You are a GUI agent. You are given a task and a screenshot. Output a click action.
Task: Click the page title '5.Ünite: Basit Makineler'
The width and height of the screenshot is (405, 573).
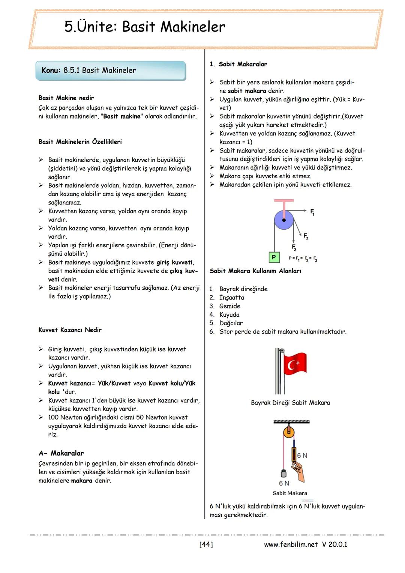tap(145, 27)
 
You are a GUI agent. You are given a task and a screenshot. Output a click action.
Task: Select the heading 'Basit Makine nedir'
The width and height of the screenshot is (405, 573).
tap(66, 98)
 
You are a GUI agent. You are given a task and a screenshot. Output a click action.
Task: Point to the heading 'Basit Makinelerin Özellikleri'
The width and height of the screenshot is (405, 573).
tap(80, 142)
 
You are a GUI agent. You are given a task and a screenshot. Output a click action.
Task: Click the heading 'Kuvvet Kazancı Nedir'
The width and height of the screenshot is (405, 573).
tap(70, 330)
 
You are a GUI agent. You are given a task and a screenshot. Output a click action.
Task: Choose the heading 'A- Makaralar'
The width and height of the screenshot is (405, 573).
tap(61, 453)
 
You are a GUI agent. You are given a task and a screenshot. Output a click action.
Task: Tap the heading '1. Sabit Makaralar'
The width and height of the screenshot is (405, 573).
tap(238, 64)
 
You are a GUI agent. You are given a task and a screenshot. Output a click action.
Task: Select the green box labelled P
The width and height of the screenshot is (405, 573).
tap(274, 257)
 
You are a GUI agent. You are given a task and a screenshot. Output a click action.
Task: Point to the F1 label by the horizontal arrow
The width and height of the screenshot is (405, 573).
tap(312, 212)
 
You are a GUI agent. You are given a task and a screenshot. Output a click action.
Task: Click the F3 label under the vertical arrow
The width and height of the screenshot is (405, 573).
tap(294, 247)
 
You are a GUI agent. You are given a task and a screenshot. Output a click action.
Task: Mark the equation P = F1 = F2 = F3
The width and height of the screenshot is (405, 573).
tap(303, 259)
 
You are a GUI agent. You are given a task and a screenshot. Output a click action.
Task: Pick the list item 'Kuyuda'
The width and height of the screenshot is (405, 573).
tap(229, 314)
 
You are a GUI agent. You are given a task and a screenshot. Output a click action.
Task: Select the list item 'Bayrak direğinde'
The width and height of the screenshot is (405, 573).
tap(243, 289)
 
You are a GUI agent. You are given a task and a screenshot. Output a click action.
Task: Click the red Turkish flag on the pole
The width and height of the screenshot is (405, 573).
tap(295, 364)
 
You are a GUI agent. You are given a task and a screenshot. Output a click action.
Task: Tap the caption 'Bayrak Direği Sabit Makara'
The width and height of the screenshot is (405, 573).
tap(290, 403)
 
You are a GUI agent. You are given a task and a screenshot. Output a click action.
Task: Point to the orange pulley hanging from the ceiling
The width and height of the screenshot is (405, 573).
tap(288, 432)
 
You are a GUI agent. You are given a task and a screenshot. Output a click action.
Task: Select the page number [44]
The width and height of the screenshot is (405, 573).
tap(206, 544)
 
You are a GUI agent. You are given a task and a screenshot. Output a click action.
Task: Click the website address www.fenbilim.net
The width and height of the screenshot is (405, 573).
tap(291, 544)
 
